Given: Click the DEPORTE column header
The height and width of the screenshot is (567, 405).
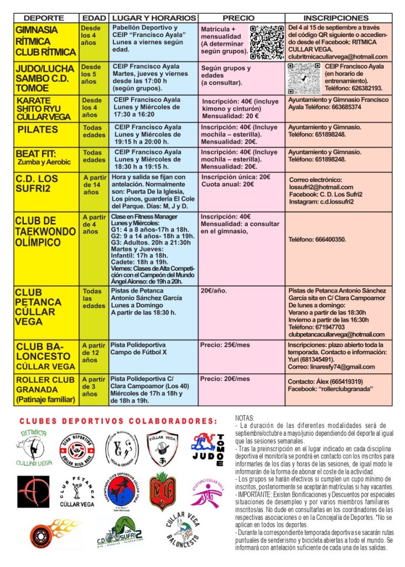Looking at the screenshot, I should tap(44, 18).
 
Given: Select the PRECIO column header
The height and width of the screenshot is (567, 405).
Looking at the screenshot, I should tap(242, 18).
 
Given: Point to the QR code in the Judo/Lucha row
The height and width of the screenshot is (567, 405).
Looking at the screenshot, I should tap(304, 78).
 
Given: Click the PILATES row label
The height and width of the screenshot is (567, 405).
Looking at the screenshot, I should tap(38, 130).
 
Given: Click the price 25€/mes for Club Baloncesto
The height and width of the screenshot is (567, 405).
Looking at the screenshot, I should tap(225, 346).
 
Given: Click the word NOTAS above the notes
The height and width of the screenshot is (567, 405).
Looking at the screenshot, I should tap(245, 417).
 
